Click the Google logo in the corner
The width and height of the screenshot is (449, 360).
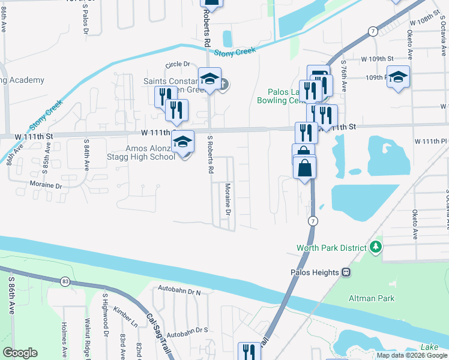click(20, 353)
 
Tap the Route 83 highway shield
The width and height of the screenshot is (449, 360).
click(65, 280)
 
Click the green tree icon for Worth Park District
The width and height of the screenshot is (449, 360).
click(376, 247)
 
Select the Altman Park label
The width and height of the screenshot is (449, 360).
click(370, 298)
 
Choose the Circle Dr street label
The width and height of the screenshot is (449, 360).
click(177, 64)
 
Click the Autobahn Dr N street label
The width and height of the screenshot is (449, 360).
click(178, 292)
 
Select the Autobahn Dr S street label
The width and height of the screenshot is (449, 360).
click(187, 330)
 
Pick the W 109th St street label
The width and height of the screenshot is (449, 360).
click(376, 59)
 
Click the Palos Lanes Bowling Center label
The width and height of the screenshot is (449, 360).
click(283, 97)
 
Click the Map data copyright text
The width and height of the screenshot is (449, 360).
click(412, 355)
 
